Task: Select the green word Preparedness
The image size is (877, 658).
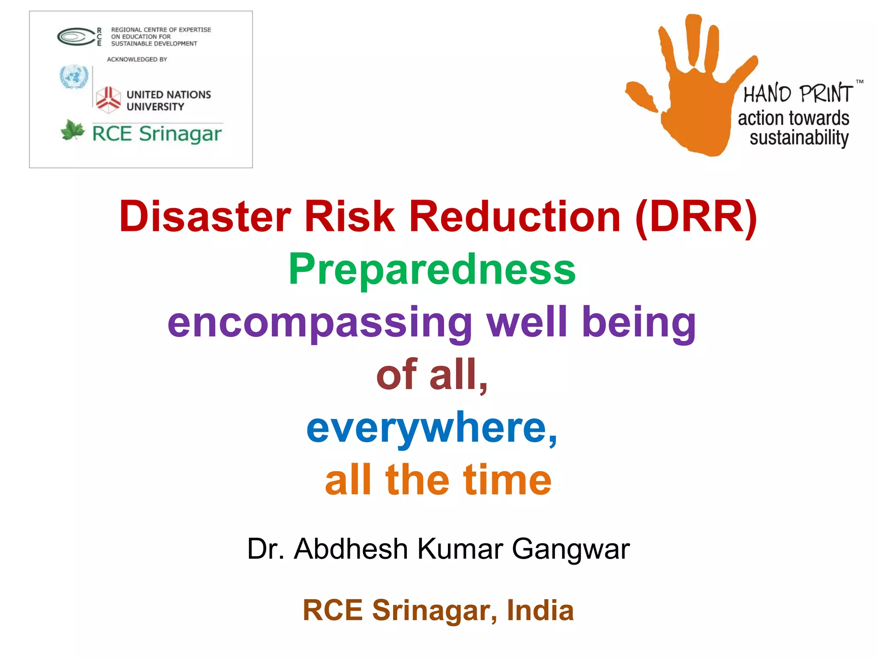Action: (x=432, y=269)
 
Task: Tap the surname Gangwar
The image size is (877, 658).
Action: (x=571, y=549)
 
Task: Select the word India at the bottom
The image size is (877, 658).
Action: (x=540, y=610)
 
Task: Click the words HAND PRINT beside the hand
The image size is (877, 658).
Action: (x=798, y=94)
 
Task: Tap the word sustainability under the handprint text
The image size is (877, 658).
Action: (x=799, y=138)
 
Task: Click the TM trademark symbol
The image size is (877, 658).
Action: (x=859, y=81)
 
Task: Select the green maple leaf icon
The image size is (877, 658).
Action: (x=72, y=130)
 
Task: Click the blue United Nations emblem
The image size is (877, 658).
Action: (x=74, y=77)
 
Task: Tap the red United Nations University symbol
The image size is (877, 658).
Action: (x=108, y=99)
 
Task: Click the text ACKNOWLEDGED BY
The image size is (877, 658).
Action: (x=137, y=60)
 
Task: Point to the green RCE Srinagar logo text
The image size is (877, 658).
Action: (x=157, y=134)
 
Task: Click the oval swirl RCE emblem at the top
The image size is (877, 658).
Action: (x=75, y=37)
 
